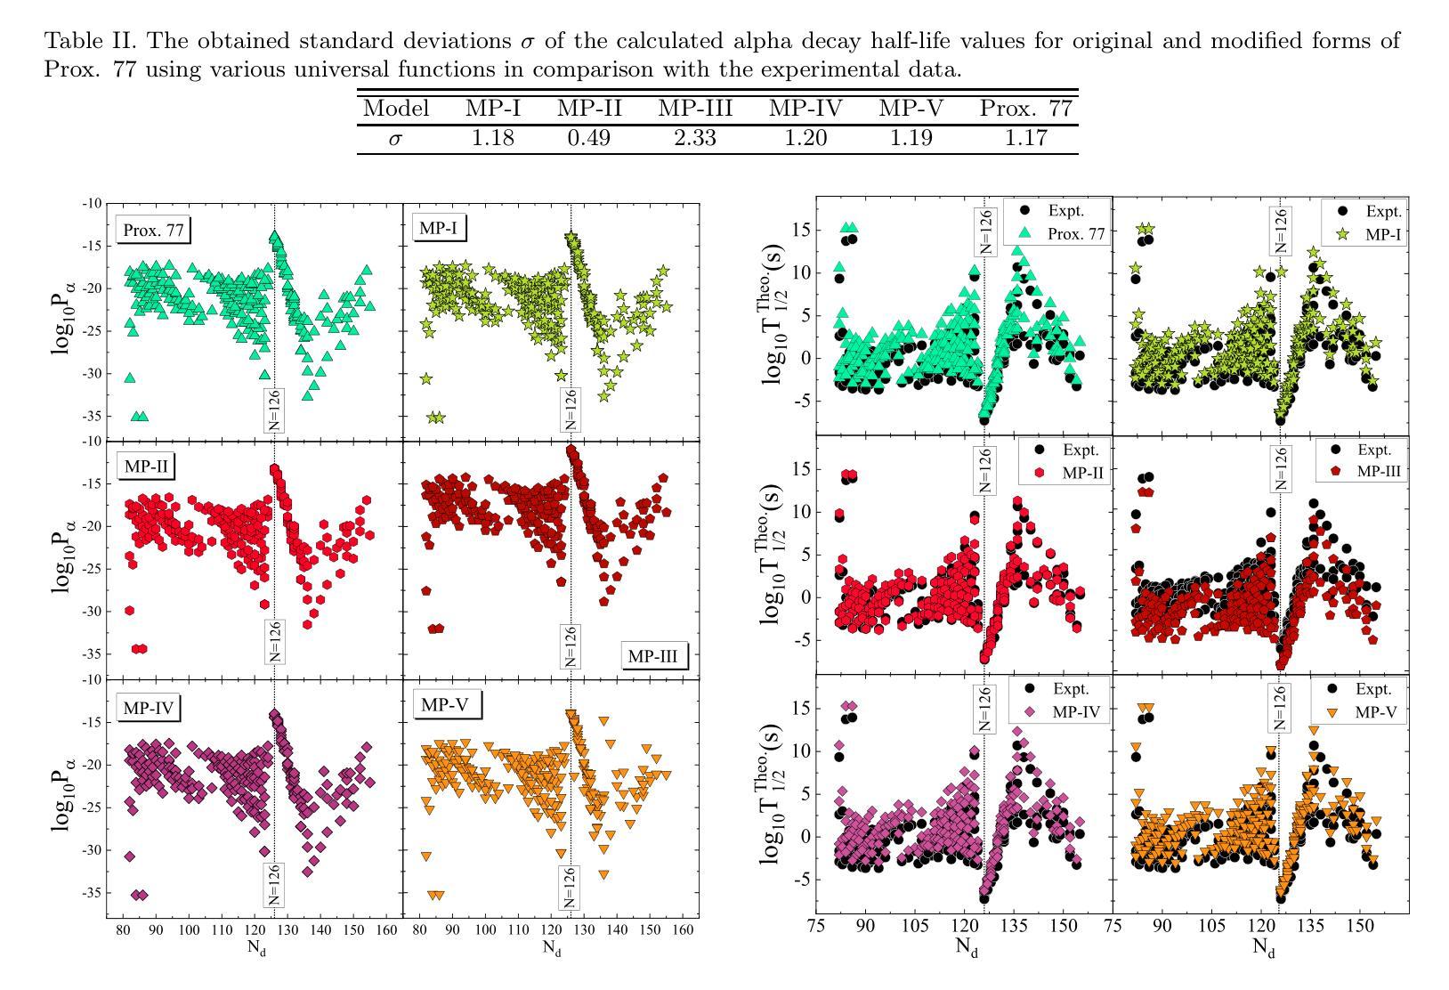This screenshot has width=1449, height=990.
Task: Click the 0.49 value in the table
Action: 589,138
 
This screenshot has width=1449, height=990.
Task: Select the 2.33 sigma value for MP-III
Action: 695,138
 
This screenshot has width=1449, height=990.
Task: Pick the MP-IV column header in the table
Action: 805,109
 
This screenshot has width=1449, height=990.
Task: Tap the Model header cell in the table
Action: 396,109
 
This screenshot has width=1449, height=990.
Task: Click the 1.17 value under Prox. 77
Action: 1025,138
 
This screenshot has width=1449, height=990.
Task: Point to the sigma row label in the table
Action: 395,139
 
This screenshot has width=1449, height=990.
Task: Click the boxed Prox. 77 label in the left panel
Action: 154,230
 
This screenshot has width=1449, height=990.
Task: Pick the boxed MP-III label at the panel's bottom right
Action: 652,657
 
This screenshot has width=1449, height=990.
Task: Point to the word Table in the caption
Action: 73,41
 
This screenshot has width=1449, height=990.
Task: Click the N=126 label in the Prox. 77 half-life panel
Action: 984,230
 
